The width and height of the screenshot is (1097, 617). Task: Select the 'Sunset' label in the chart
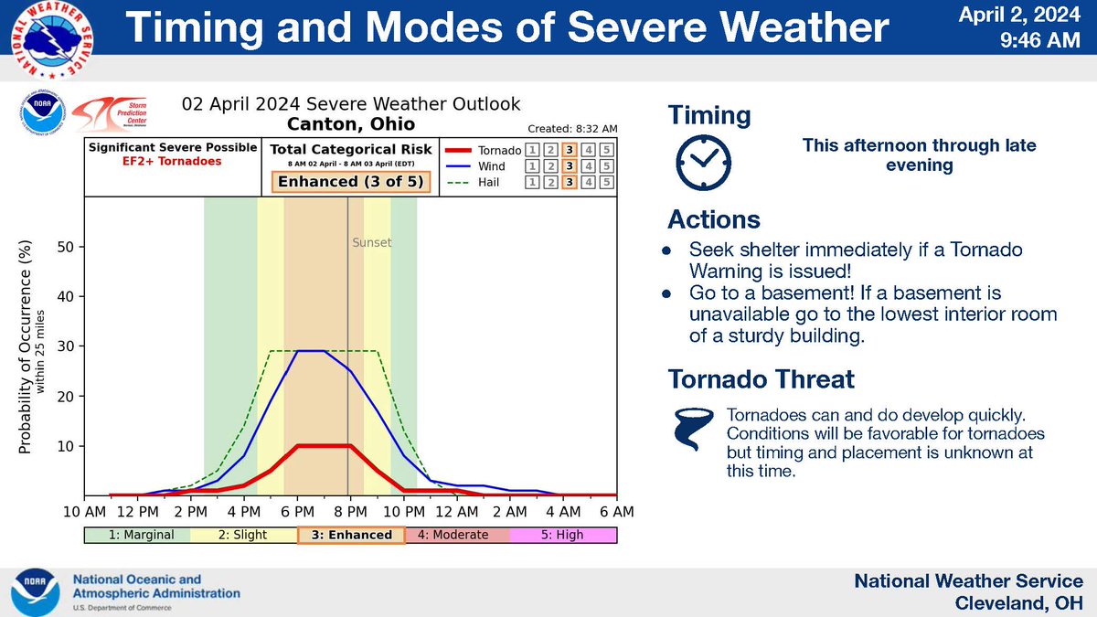tap(371, 243)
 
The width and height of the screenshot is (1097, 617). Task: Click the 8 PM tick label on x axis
tap(350, 511)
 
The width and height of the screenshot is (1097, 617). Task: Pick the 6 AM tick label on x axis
tap(617, 511)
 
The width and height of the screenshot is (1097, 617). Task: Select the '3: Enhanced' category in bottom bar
tap(351, 535)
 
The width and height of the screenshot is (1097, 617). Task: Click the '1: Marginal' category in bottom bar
tap(137, 535)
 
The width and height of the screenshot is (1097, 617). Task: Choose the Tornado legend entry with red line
tap(482, 150)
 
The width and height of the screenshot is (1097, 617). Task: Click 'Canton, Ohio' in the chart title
tap(351, 123)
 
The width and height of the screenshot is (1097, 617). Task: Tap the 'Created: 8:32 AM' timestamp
tap(571, 129)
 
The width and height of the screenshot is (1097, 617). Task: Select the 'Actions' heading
tap(714, 220)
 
